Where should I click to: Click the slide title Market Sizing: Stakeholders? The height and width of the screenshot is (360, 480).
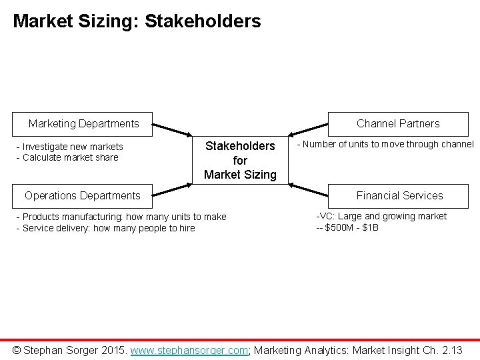(x=137, y=21)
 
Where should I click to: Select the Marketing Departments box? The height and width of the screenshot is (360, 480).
(x=84, y=123)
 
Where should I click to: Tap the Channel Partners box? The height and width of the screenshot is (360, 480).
(x=398, y=123)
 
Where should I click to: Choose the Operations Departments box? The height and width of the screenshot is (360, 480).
(x=83, y=195)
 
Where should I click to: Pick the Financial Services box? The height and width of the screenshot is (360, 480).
(x=399, y=195)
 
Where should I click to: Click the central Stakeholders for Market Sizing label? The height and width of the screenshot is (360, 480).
(x=240, y=160)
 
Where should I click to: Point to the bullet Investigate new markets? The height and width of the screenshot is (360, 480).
(x=69, y=147)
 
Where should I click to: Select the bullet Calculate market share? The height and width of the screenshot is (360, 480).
(x=67, y=157)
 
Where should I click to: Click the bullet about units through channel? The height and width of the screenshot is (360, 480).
(x=385, y=144)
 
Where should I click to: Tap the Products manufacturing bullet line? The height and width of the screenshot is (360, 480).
(x=121, y=217)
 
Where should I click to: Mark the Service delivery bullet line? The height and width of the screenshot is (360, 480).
(x=105, y=227)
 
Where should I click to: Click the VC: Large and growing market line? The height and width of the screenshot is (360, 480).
(x=381, y=216)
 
